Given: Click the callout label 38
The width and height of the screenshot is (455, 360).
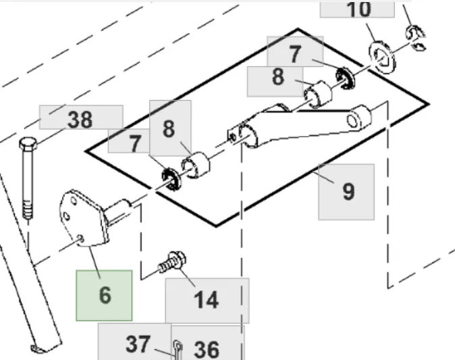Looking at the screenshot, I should [80, 120].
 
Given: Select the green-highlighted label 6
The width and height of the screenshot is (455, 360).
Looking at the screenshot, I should [105, 295].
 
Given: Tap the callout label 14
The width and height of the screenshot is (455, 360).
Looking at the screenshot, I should [207, 299].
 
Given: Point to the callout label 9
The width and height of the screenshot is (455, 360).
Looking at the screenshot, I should [347, 191].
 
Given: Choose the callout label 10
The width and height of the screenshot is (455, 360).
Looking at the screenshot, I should [358, 9].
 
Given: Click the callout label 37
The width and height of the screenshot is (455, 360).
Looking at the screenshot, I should [137, 344].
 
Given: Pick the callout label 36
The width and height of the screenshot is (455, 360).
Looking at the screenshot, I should [206, 349].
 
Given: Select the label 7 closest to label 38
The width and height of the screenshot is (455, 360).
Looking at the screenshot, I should [135, 143].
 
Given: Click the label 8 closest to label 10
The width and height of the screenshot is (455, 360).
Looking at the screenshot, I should [278, 77].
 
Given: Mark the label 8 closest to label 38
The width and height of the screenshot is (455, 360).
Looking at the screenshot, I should [169, 128].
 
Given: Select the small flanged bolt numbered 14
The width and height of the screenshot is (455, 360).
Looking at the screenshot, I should [169, 261].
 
